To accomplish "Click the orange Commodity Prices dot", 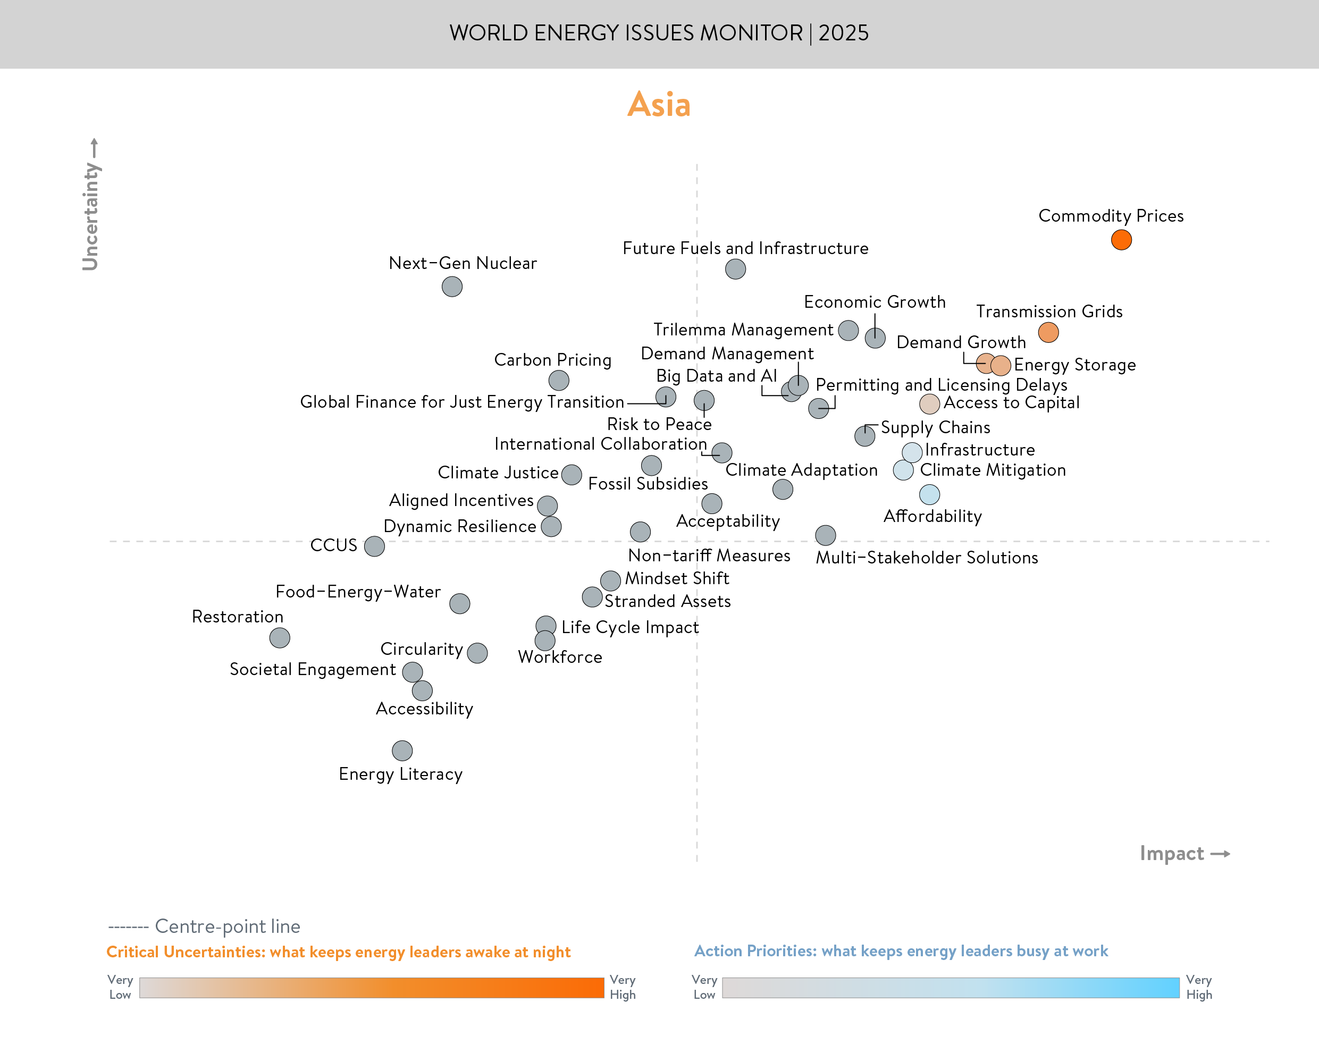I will (1121, 240).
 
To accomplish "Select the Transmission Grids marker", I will (1048, 333).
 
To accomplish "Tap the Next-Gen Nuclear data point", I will (452, 286).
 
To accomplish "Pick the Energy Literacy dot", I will (402, 750).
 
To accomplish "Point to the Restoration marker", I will (279, 637).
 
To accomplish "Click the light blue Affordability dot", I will (929, 494).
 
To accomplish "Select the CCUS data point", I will (374, 546).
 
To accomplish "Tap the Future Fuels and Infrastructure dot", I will (735, 268).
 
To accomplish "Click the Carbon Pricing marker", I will (559, 380).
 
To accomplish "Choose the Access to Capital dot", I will (929, 403).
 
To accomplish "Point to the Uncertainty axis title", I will (90, 215).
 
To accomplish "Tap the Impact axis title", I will (1172, 853).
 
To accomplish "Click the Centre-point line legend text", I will (227, 926).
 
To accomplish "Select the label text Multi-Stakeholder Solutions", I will (927, 558).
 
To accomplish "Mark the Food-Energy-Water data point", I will (460, 603).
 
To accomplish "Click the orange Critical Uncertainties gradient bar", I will (371, 988).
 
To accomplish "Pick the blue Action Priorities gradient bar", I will (951, 988).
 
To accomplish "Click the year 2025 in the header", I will (844, 33).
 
